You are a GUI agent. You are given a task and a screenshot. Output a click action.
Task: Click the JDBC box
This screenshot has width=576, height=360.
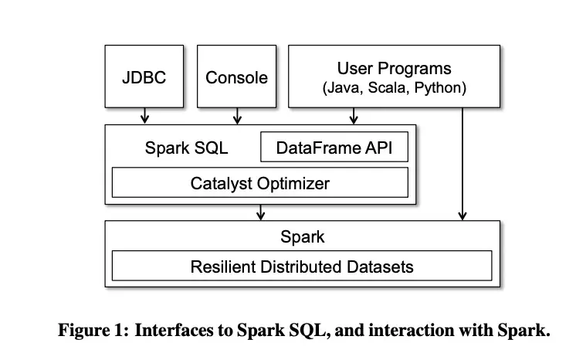[144, 76]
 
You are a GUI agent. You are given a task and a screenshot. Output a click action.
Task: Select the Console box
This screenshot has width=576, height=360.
[237, 76]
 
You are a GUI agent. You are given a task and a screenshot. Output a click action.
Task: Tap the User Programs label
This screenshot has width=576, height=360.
[394, 69]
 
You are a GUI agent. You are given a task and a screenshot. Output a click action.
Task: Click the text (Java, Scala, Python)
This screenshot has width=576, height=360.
[394, 88]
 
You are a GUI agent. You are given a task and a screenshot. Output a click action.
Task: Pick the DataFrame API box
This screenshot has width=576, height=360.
[334, 147]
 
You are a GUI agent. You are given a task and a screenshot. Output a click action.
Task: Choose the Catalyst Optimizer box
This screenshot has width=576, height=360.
[260, 183]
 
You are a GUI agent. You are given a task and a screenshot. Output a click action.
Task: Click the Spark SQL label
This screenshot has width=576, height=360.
[186, 147]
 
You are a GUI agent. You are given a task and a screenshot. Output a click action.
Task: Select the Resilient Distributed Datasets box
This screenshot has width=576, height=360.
[302, 267]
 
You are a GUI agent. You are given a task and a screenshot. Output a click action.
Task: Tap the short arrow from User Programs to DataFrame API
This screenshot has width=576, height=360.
[354, 116]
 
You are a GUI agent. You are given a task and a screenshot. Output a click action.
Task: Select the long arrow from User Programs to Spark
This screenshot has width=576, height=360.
[462, 162]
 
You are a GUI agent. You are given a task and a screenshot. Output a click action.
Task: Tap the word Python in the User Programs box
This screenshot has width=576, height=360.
[440, 88]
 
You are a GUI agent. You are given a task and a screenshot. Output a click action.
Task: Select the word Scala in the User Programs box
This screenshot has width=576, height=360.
[390, 88]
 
